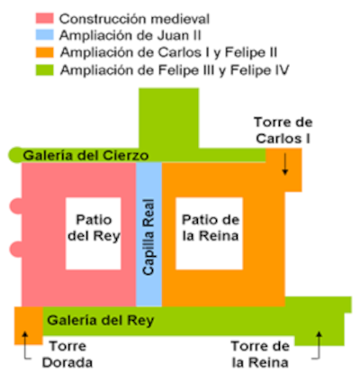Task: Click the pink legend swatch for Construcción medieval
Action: click(x=45, y=18)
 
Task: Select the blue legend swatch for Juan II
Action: click(x=45, y=35)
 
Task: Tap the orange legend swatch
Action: click(x=45, y=52)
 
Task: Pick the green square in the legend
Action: click(x=45, y=70)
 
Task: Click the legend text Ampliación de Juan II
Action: click(x=130, y=35)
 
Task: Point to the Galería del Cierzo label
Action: click(x=85, y=156)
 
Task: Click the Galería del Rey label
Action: click(x=101, y=320)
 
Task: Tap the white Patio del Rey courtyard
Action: click(x=94, y=233)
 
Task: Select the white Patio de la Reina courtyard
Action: click(x=209, y=233)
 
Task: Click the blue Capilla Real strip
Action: click(x=148, y=234)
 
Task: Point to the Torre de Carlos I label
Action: click(x=283, y=131)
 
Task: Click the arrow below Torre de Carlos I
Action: click(x=285, y=164)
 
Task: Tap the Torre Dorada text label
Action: click(x=67, y=354)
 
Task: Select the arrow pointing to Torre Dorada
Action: click(x=25, y=345)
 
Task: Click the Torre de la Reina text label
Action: click(x=260, y=354)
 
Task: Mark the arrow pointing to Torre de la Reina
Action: click(x=319, y=345)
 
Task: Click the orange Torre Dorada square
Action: click(x=29, y=325)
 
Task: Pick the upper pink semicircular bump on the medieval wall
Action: click(x=16, y=206)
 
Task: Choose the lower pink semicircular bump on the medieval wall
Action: click(x=16, y=250)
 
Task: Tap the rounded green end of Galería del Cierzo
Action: click(x=15, y=155)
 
